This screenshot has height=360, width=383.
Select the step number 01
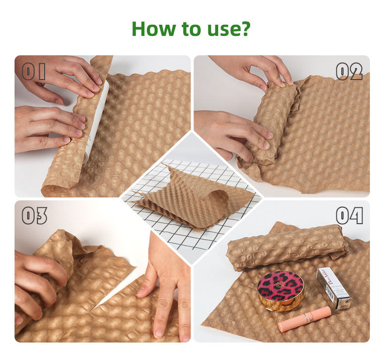[34, 71]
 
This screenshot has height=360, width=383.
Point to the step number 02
[349, 71]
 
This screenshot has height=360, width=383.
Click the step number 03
[34, 215]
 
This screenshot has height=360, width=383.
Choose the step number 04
[349, 215]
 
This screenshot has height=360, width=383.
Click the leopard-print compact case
[281, 291]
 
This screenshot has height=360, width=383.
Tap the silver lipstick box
[334, 288]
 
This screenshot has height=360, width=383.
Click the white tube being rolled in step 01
[96, 122]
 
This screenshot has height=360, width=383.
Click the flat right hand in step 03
[166, 288]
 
